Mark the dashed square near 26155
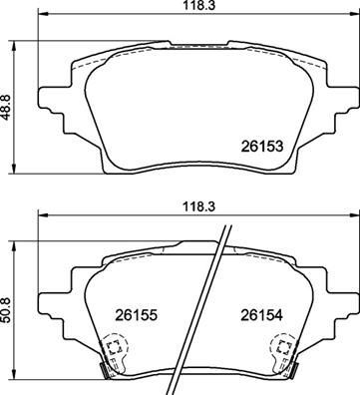click(x=113, y=348)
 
